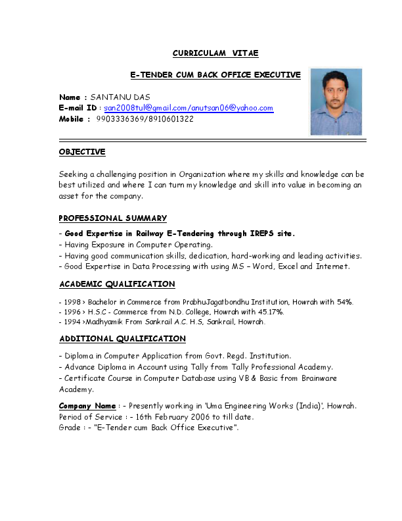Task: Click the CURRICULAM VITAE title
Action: [x=206, y=53]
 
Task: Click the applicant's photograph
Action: [x=336, y=101]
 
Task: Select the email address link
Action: [x=189, y=108]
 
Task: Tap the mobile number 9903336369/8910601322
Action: [x=145, y=119]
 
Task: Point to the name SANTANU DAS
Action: [x=120, y=97]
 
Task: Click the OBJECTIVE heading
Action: [x=82, y=152]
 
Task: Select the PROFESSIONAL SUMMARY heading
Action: [x=113, y=218]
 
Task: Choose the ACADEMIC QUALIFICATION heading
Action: [x=117, y=284]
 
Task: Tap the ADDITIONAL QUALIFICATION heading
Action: [x=122, y=339]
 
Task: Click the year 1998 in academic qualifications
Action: [x=70, y=302]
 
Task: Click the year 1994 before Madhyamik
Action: [x=70, y=322]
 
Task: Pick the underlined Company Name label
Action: [x=87, y=406]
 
